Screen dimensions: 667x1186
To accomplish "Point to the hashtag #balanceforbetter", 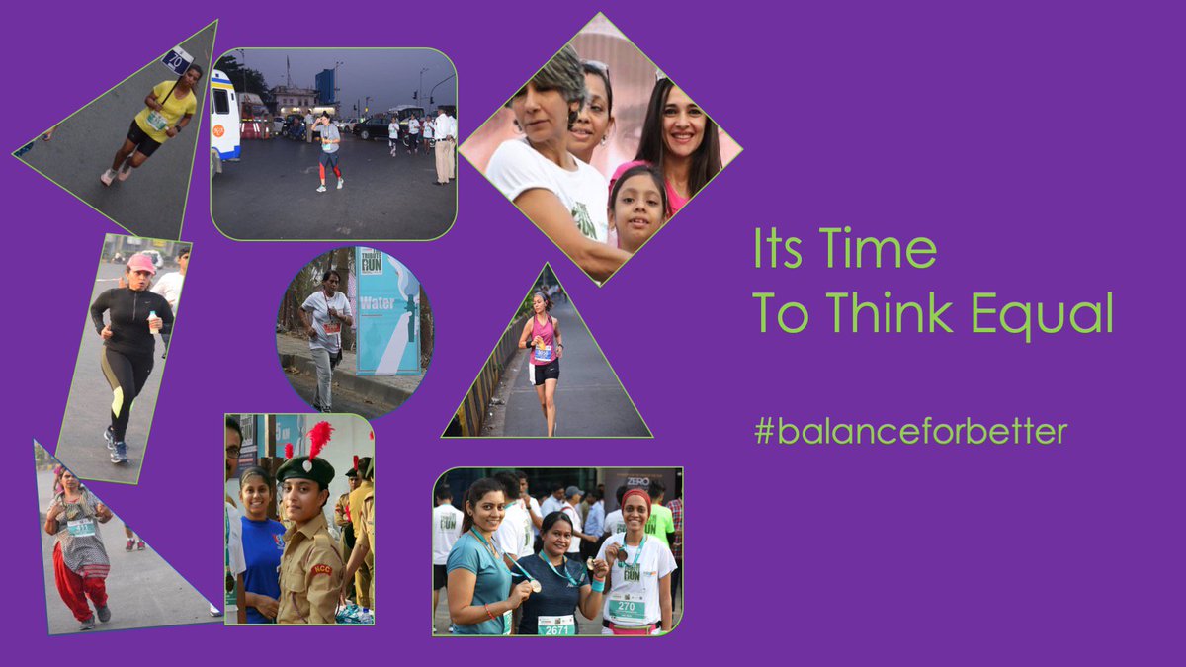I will [x=910, y=432].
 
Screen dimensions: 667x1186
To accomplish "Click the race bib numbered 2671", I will [x=555, y=625].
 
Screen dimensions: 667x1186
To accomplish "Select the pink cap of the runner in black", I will [x=140, y=263].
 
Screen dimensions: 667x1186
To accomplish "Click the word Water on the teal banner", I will [x=377, y=302].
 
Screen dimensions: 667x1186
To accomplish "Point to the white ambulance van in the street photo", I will [x=224, y=117].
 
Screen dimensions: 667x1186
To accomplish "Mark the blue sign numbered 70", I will [x=178, y=60].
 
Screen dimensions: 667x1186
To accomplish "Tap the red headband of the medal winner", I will [x=636, y=494].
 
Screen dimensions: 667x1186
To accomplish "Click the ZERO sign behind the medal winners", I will [x=637, y=481].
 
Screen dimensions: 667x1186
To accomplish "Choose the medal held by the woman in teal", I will [x=535, y=586].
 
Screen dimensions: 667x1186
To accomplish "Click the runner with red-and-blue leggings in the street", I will [x=328, y=153].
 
